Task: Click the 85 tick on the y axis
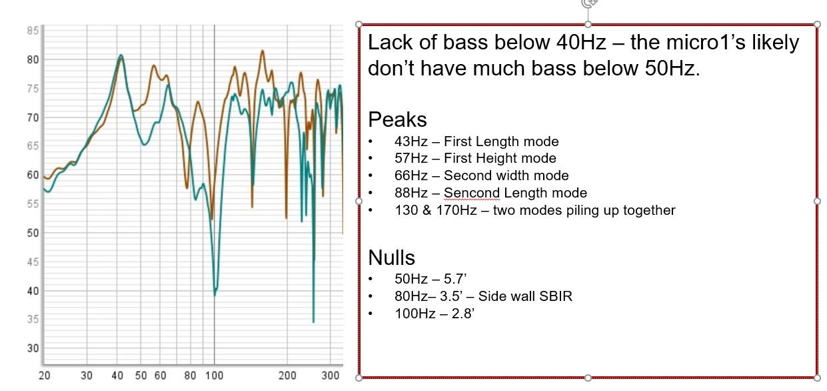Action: [x=33, y=31]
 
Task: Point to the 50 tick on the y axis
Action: [x=33, y=233]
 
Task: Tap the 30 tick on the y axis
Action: [x=33, y=348]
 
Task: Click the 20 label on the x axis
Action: [x=44, y=376]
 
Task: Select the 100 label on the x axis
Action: [x=214, y=376]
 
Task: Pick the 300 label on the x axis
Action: [x=331, y=376]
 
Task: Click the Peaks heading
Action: [x=397, y=119]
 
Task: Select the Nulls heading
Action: [x=391, y=258]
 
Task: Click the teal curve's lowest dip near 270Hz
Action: [x=313, y=322]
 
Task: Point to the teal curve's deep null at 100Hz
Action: [x=215, y=294]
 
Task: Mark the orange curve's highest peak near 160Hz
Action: [x=263, y=51]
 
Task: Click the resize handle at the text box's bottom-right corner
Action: [x=817, y=378]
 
